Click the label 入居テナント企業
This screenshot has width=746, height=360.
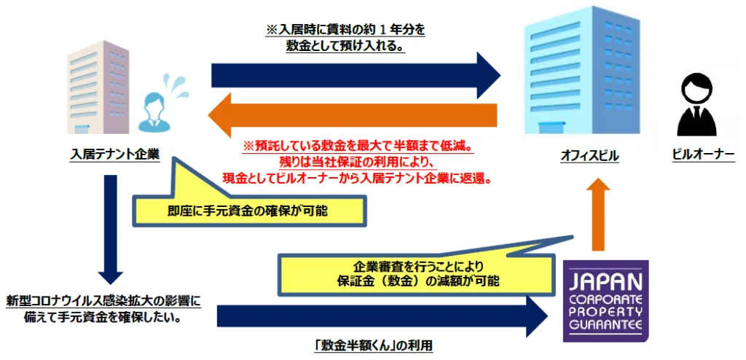(114, 154)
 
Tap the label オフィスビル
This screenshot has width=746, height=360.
(589, 156)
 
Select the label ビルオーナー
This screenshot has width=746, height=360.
(704, 155)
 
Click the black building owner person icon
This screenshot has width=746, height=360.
(696, 105)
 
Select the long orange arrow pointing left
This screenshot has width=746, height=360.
(353, 115)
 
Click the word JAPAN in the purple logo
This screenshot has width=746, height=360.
(605, 283)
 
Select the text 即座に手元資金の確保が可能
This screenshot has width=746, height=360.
(248, 211)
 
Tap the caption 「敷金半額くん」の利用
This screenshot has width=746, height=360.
(374, 347)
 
